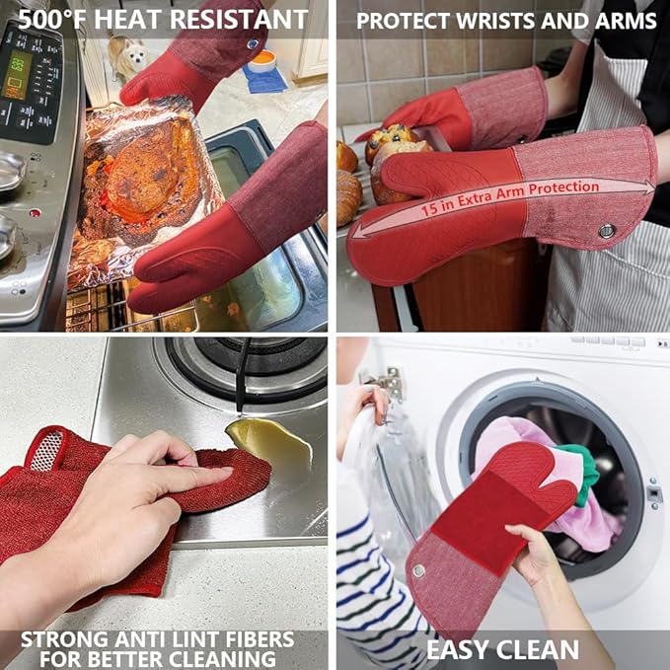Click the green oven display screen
pos(16,75)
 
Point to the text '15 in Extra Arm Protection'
pos(510,197)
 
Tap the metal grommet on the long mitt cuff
pos(606,231)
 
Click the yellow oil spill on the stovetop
pos(270,443)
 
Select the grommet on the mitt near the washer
pos(418,570)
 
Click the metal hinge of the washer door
pos(390,383)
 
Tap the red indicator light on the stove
pos(35,212)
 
